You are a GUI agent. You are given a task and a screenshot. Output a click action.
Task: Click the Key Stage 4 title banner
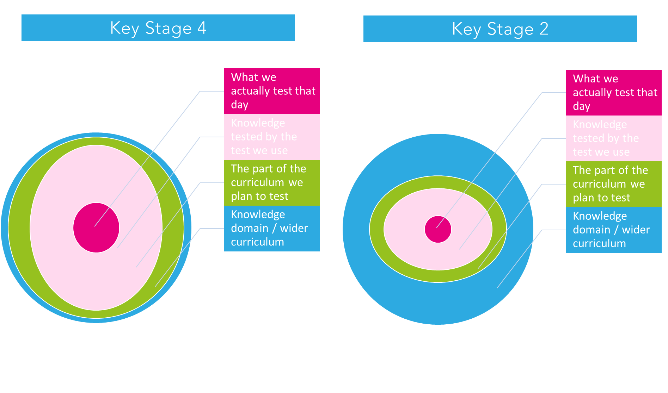158,28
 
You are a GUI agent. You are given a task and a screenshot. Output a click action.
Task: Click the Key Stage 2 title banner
500,29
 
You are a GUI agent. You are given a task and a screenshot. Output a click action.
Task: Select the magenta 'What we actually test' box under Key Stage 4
271,91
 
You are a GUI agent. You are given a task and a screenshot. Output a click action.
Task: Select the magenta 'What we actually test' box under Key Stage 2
613,93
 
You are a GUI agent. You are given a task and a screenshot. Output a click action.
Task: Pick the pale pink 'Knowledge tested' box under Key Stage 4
271,137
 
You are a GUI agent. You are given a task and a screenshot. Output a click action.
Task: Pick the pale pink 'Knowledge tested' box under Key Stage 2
613,138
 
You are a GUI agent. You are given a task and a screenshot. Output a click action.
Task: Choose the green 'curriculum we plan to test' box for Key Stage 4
271,183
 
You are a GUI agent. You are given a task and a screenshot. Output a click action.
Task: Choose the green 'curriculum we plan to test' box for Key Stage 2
613,184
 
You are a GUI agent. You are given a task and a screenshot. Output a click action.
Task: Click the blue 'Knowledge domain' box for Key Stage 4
271,229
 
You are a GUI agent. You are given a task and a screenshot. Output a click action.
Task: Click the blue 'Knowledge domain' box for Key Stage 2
613,230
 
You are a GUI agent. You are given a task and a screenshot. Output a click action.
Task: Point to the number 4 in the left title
202,28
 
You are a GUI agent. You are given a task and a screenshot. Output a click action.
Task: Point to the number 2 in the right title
544,29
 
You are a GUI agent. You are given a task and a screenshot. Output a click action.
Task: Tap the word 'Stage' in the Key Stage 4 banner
168,29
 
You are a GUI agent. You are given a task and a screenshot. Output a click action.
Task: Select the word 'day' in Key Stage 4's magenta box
240,105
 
